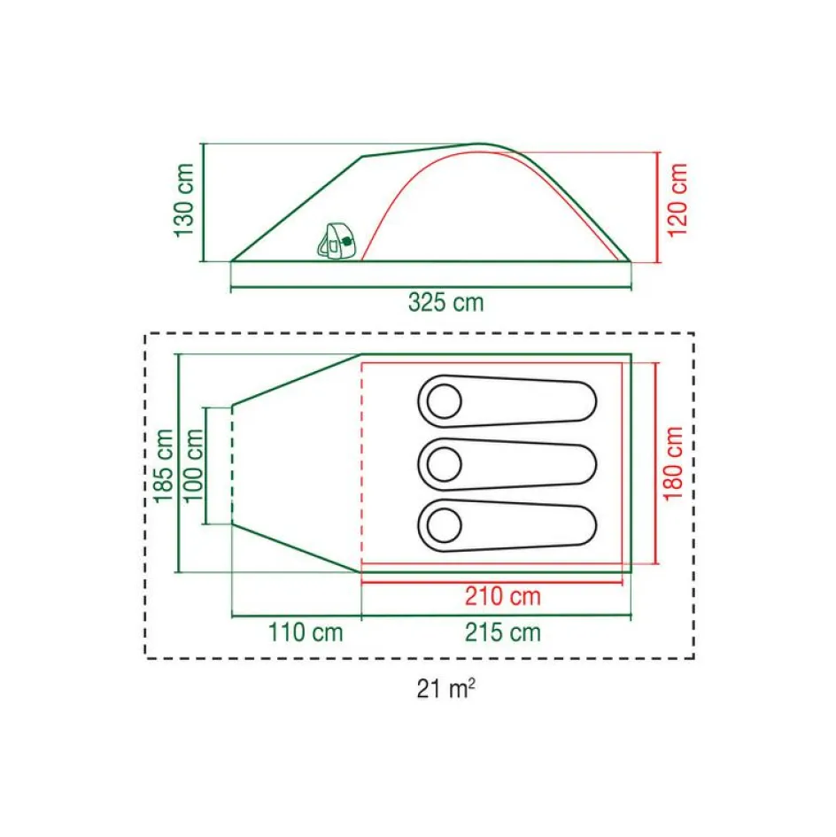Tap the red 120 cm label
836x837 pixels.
pyautogui.click(x=678, y=200)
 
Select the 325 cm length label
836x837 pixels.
pyautogui.click(x=446, y=303)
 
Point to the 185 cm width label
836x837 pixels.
pyautogui.click(x=164, y=465)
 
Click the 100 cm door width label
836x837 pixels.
pyautogui.click(x=194, y=465)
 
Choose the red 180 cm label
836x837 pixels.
pyautogui.click(x=675, y=463)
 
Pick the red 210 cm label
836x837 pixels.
pyautogui.click(x=503, y=597)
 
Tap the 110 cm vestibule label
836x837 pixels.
pyautogui.click(x=305, y=632)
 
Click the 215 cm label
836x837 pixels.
pyautogui.click(x=503, y=632)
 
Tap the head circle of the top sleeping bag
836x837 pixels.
pyautogui.click(x=443, y=402)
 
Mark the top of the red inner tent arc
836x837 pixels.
pyautogui.click(x=478, y=152)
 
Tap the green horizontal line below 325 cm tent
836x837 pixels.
pyautogui.click(x=430, y=288)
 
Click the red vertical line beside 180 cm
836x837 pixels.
pyautogui.click(x=656, y=462)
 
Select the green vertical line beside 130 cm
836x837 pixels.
pyautogui.click(x=203, y=202)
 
